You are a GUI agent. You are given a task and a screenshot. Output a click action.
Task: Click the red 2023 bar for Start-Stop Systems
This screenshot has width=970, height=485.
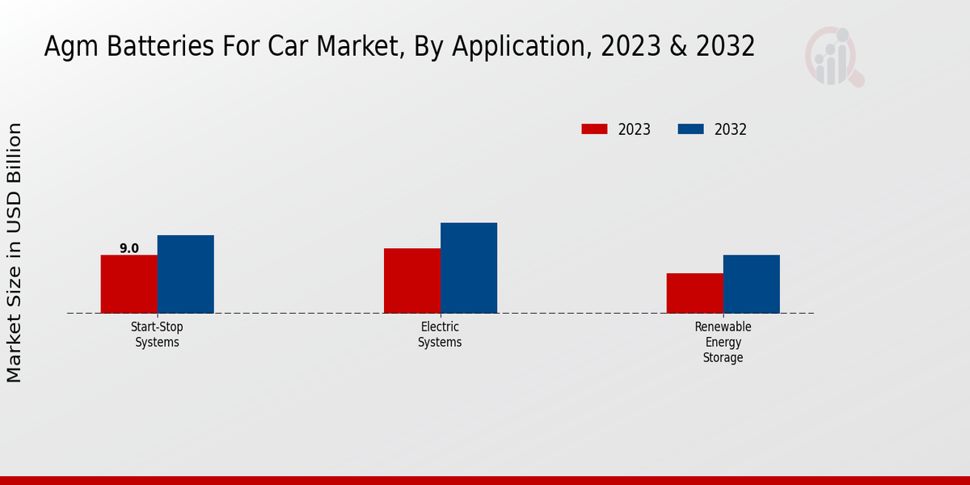129,284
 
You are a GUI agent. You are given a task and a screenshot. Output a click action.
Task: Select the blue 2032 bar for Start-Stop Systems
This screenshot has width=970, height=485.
185,274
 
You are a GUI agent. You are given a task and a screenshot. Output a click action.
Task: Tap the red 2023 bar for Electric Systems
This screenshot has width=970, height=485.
411,280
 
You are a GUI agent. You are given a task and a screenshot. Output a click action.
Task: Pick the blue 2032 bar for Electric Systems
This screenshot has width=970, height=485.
468,268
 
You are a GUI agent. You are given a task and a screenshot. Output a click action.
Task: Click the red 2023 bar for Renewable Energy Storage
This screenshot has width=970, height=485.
694,293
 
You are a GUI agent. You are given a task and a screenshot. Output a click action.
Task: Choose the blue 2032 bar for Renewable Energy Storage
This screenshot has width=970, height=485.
751,284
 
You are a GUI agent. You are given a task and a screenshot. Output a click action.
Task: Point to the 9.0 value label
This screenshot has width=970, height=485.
129,248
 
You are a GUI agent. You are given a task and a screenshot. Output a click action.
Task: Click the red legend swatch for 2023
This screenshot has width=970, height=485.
594,129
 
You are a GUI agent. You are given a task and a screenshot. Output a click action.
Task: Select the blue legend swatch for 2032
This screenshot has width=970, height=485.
690,129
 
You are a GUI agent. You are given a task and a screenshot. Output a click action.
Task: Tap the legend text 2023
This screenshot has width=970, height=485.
635,129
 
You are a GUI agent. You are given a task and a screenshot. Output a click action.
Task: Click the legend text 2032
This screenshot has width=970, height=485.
731,129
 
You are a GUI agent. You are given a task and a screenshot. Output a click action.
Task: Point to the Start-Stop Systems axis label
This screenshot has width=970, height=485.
157,334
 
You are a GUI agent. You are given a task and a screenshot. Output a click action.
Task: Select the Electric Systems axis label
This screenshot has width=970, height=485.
440,334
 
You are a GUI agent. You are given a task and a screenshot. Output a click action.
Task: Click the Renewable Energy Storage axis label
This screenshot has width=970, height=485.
723,342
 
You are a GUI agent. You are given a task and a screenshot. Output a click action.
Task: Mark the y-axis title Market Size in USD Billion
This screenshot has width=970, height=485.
15,252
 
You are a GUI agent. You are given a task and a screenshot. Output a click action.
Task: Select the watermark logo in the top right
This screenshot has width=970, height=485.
833,57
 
